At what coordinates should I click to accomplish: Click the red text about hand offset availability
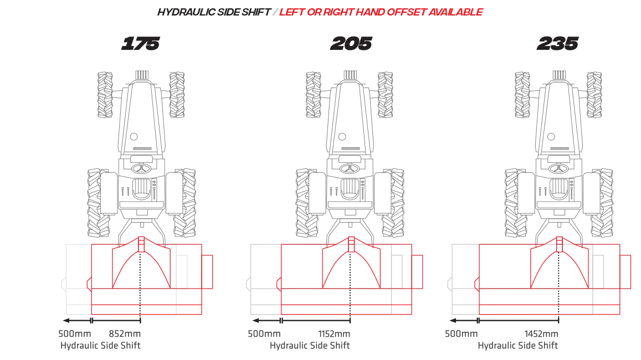(x=382, y=12)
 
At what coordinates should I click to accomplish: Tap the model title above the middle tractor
(x=350, y=45)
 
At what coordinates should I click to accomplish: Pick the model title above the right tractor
(x=558, y=45)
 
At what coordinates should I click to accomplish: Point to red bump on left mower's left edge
(x=88, y=285)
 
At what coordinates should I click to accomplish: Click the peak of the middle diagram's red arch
(x=350, y=239)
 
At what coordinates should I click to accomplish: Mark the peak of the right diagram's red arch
(x=558, y=239)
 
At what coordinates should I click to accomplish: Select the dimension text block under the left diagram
(x=100, y=339)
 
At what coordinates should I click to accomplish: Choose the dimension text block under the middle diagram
(x=299, y=339)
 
